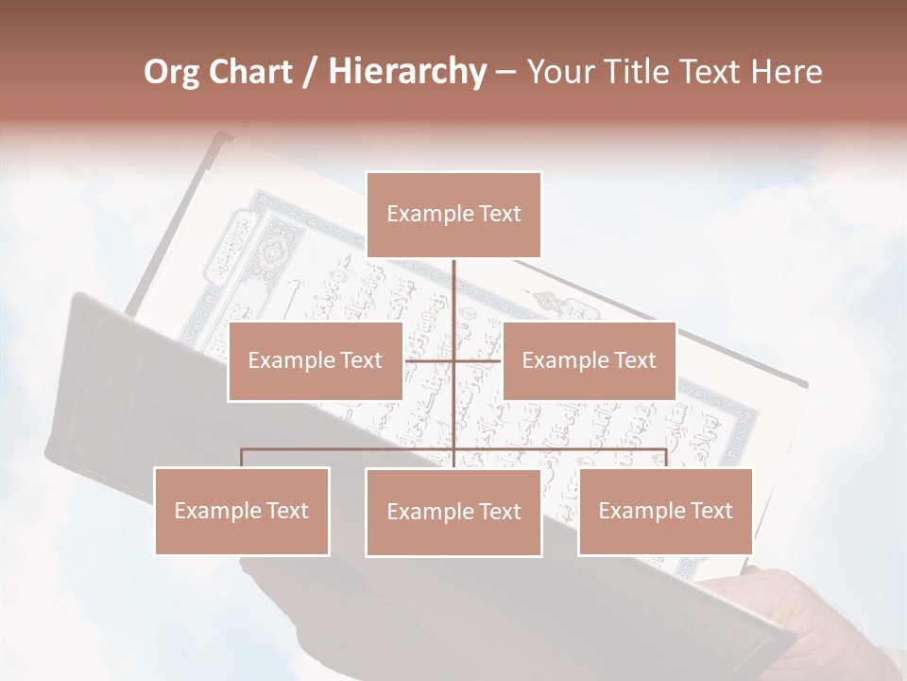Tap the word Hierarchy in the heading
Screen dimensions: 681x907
406,72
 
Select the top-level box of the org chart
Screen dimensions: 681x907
453,215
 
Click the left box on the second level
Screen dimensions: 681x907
316,360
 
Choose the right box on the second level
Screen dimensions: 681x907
589,360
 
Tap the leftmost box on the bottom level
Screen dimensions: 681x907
242,511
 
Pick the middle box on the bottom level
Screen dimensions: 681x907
453,512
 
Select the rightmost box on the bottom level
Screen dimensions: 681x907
665,511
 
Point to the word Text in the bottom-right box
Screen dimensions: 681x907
710,511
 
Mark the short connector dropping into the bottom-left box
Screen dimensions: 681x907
242,458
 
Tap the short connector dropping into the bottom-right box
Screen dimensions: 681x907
665,458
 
